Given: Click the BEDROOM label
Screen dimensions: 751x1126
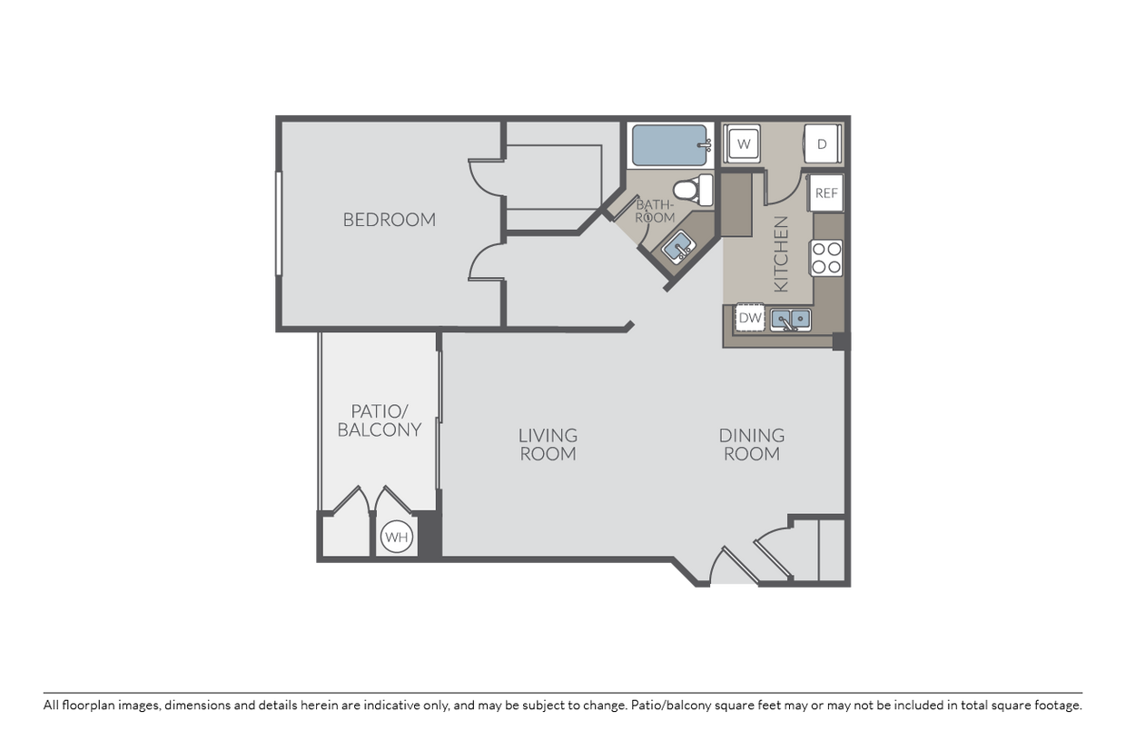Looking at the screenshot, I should pos(389,220).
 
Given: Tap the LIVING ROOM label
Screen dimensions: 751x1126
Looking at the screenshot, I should pos(548,444).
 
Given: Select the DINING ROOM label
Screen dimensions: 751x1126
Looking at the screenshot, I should pos(752,444).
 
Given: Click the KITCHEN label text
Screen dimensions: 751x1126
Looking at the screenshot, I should pos(780,253).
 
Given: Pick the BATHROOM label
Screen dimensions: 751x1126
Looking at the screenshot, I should pos(655,212).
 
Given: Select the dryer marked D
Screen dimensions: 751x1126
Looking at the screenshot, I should pos(821,143).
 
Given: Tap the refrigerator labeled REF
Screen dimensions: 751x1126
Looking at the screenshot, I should pos(825,193).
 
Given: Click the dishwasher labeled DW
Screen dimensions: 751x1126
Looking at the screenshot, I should pos(749,318).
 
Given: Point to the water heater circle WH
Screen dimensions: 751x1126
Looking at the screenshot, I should pos(396,537).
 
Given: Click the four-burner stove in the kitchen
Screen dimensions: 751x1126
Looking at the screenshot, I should pos(826,257).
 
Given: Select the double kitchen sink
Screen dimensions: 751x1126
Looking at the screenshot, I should pos(791,319).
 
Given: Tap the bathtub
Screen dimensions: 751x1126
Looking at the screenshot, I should pos(670,144).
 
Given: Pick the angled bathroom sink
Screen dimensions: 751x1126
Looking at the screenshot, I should pos(677,246).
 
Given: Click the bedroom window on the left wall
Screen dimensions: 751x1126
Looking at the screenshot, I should pos(279,222).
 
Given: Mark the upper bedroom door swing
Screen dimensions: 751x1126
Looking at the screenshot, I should pos(485,178).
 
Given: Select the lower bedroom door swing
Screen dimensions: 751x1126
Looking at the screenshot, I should pos(485,262).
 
